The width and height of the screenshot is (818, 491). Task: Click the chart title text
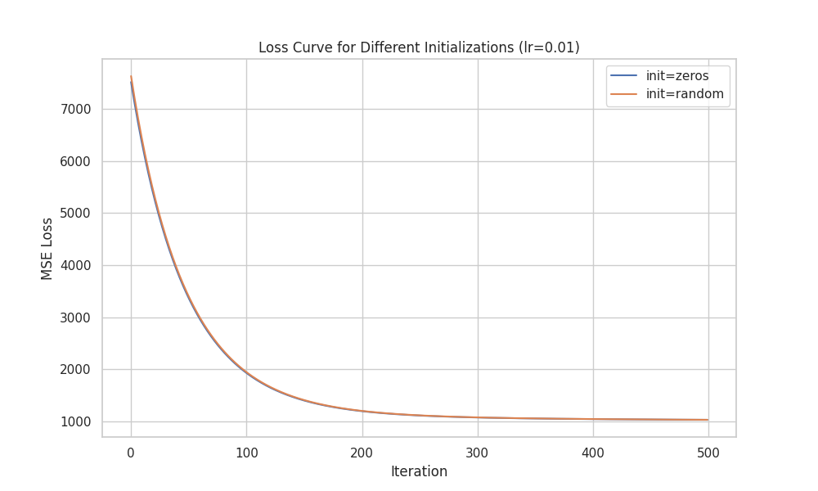pos(419,47)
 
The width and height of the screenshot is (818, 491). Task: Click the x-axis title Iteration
pos(419,472)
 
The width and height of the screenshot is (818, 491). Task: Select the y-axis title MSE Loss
pos(47,248)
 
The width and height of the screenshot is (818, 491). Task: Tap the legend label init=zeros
pos(677,76)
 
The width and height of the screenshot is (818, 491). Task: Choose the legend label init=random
pos(685,94)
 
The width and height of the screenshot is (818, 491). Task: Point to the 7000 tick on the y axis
pos(75,110)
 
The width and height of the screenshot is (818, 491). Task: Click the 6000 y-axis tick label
pos(75,161)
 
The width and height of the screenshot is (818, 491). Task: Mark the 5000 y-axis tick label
pos(75,214)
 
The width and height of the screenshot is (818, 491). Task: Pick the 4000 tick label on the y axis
pos(75,266)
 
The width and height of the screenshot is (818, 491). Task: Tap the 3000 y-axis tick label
pos(75,318)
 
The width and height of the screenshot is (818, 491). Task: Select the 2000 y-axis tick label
pos(75,370)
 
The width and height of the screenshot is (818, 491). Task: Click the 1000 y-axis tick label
pos(75,422)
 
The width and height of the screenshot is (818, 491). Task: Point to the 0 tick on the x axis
pos(131,452)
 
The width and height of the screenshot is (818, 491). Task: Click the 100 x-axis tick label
pos(246,452)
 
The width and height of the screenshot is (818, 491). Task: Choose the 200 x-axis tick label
pos(362,452)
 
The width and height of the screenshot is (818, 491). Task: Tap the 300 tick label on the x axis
pos(478,452)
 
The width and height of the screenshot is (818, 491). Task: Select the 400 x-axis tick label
pos(593,452)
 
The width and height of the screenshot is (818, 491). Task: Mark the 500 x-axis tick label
pos(708,452)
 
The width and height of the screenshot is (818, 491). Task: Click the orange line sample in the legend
pos(624,94)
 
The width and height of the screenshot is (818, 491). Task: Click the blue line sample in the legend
pos(624,76)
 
